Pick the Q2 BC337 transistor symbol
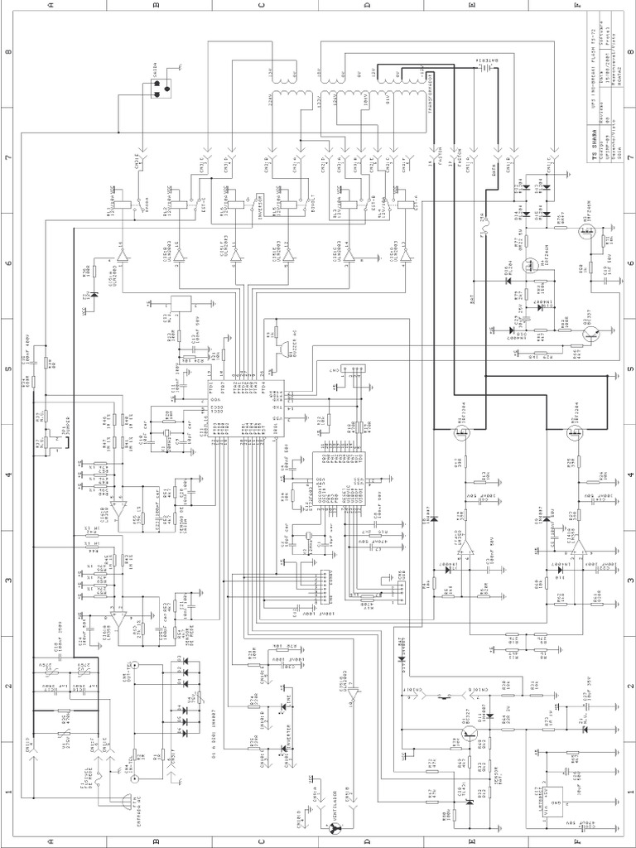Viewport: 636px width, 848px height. [590, 332]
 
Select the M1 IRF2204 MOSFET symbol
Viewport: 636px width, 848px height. [458, 431]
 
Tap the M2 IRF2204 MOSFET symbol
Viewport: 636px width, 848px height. [573, 431]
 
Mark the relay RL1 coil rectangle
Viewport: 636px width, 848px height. [124, 201]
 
